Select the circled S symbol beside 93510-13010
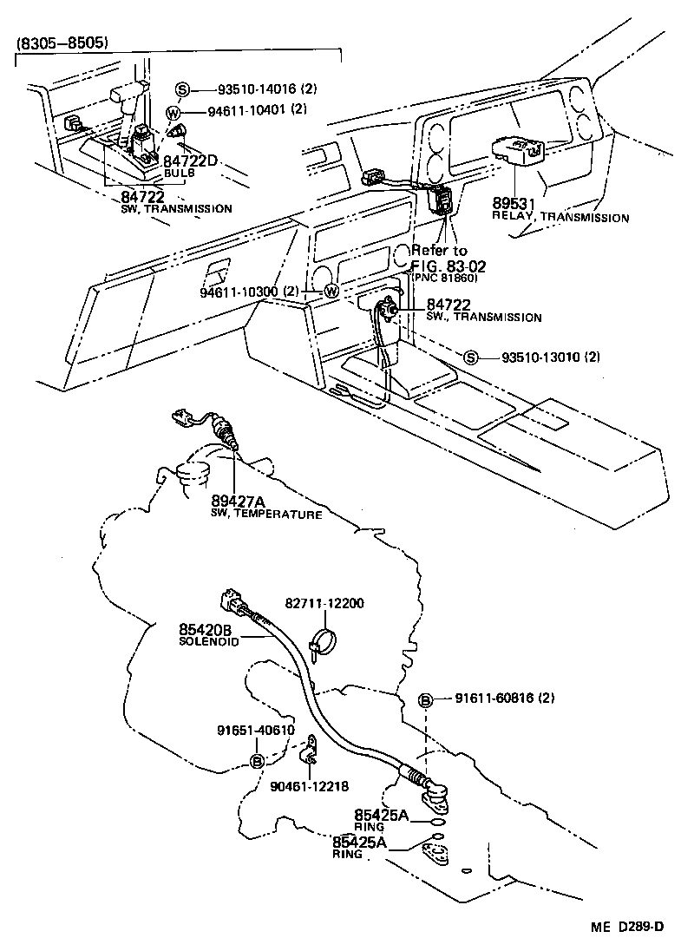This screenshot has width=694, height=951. coord(470,357)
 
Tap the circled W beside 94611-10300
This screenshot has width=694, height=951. coord(331,292)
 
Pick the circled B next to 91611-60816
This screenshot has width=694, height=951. coord(427,699)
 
